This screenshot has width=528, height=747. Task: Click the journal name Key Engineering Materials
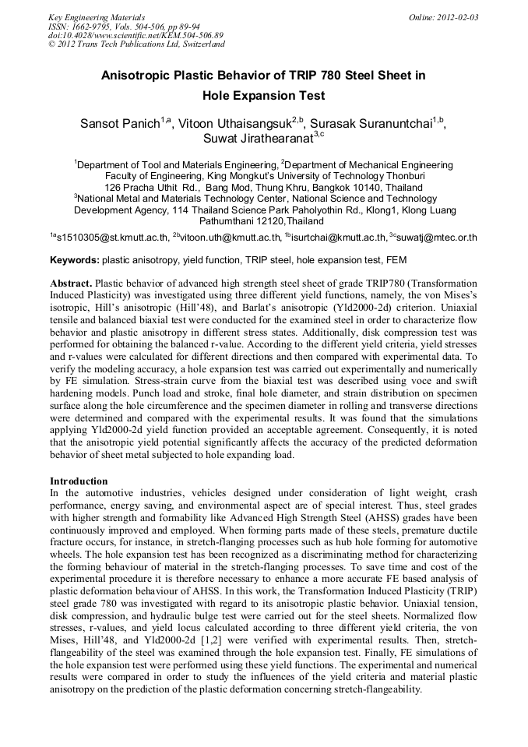coord(97,16)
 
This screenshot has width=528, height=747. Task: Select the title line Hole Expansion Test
coord(263,97)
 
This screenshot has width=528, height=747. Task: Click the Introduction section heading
coord(79,481)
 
